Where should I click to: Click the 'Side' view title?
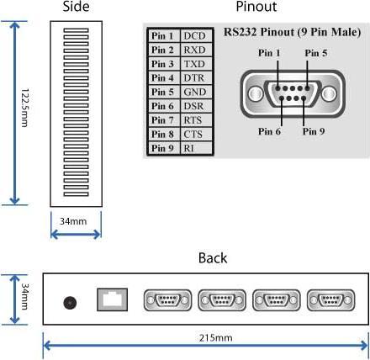pos(75,8)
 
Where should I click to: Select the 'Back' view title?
pos(211,257)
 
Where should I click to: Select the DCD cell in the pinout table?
pos(194,36)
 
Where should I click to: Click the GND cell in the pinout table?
pos(194,92)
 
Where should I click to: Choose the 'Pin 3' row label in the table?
pos(162,64)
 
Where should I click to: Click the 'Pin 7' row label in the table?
pos(162,120)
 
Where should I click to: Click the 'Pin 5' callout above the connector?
pos(315,52)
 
